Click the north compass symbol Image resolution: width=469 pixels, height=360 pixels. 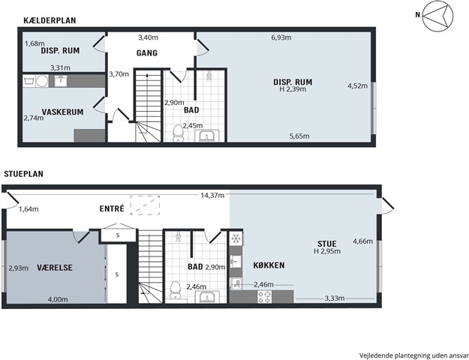click(437, 16)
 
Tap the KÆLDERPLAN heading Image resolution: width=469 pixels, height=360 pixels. click(50, 20)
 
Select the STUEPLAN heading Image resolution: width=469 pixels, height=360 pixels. click(23, 174)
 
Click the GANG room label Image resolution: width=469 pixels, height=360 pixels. click(147, 53)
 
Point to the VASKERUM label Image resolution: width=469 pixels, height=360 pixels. click(62, 112)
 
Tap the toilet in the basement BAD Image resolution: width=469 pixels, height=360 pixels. click(179, 133)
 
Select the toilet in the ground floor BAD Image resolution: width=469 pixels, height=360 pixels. click(176, 290)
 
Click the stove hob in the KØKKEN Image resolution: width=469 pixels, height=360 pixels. click(265, 296)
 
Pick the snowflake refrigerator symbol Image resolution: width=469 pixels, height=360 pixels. click(236, 238)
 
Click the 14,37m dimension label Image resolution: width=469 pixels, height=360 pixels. click(212, 196)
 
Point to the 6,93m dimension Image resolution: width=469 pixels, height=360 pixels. click(281, 37)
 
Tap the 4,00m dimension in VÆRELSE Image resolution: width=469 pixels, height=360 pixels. click(58, 299)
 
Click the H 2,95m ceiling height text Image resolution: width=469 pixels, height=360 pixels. click(327, 251)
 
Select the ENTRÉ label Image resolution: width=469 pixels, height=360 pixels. click(112, 208)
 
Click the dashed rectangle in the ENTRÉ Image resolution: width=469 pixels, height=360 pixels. click(145, 205)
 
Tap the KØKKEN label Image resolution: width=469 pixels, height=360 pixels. click(269, 265)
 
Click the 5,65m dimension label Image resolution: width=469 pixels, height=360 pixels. click(299, 136)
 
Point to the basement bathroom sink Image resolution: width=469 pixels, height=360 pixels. click(206, 136)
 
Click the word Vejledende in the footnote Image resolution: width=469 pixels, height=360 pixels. click(376, 355)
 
